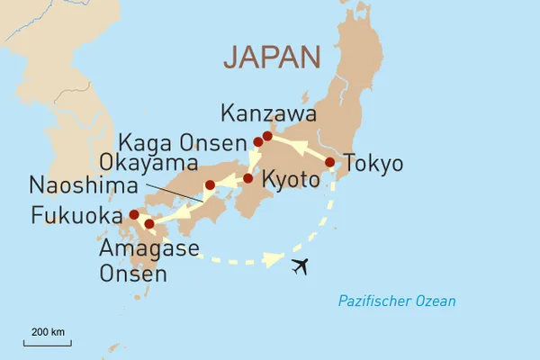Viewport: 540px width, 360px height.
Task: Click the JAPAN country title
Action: [x=272, y=58]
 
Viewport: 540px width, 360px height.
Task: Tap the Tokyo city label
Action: [x=374, y=164]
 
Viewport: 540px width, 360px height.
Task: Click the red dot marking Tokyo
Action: [x=330, y=163]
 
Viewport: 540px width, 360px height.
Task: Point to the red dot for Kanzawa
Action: [x=267, y=137]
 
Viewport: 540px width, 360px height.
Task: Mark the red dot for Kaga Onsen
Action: [x=258, y=142]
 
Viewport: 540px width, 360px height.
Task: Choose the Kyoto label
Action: [x=290, y=180]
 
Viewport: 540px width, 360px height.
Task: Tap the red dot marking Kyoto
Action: [x=248, y=178]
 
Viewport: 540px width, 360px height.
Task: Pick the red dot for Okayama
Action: [x=210, y=185]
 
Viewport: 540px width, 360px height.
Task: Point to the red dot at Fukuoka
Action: [x=134, y=214]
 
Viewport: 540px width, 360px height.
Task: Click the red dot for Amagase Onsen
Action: [x=149, y=223]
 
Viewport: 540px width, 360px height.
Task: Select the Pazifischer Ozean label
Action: [x=397, y=301]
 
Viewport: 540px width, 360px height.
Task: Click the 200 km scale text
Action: [x=48, y=332]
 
